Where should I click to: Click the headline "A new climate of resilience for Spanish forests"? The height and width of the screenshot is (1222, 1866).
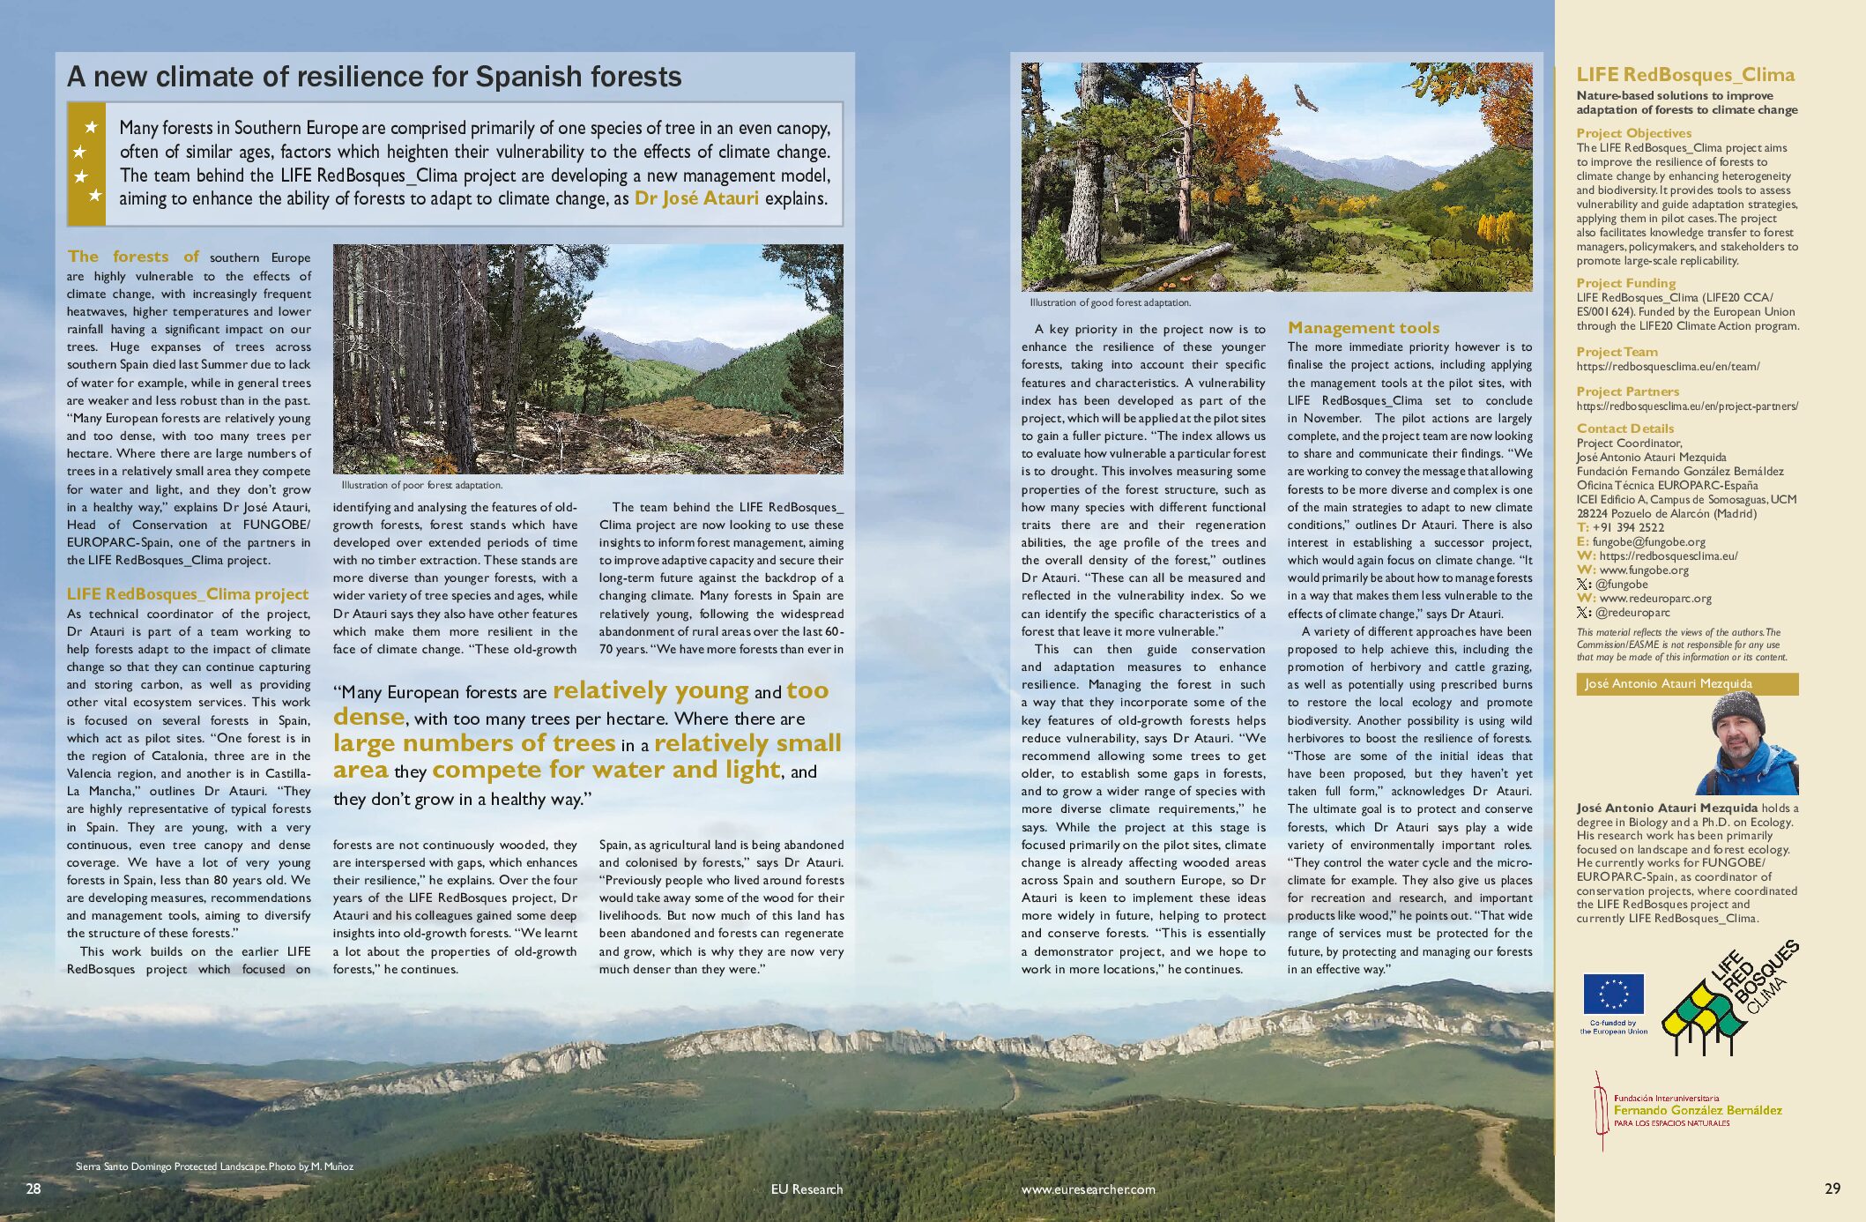pyautogui.click(x=374, y=77)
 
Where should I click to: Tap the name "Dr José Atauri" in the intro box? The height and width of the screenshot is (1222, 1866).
pyautogui.click(x=696, y=198)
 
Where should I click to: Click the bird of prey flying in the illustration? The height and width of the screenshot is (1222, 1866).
pyautogui.click(x=1305, y=96)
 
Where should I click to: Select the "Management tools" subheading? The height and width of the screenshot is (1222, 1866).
pyautogui.click(x=1363, y=328)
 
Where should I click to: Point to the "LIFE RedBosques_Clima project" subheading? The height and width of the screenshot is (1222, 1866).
pyautogui.click(x=188, y=594)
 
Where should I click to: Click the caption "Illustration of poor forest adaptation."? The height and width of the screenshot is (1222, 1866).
pyautogui.click(x=422, y=485)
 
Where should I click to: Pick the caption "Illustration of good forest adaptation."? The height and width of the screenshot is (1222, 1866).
pyautogui.click(x=1110, y=302)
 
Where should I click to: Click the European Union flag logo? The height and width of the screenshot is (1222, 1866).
pyautogui.click(x=1613, y=995)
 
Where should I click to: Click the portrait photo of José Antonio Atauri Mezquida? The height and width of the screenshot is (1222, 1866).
pyautogui.click(x=1746, y=744)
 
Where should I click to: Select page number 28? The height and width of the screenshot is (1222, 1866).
pyautogui.click(x=33, y=1188)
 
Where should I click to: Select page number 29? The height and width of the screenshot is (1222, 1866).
pyautogui.click(x=1832, y=1188)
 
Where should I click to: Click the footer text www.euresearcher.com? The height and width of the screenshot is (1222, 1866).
pyautogui.click(x=1088, y=1189)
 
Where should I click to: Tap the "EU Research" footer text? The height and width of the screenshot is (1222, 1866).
pyautogui.click(x=807, y=1189)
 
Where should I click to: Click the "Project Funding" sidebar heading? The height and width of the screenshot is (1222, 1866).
pyautogui.click(x=1625, y=283)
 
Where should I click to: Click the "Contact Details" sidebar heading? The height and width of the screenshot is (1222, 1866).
pyautogui.click(x=1624, y=428)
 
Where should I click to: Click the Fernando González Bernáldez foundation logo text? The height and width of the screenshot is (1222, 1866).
pyautogui.click(x=1697, y=1111)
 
